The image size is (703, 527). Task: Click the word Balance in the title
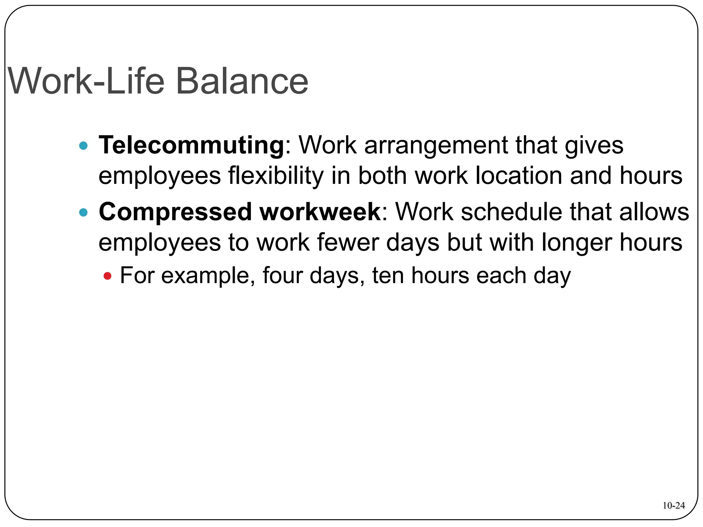(x=242, y=81)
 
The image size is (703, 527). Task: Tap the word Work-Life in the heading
(x=86, y=81)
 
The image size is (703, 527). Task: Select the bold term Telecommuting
(x=192, y=145)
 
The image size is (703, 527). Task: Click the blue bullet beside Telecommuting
(x=83, y=146)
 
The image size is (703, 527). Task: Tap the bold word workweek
(x=320, y=212)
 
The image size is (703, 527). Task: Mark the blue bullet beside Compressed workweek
(x=83, y=212)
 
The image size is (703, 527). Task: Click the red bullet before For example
(x=107, y=276)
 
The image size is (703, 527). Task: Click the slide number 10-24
(x=673, y=505)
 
